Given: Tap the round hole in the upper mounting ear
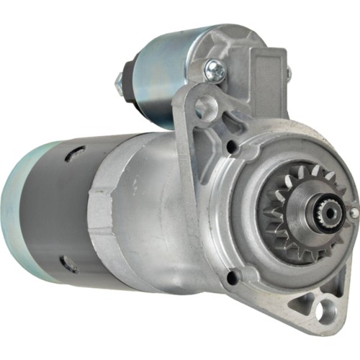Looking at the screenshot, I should (x=207, y=107).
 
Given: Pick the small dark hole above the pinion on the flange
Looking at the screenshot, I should (x=233, y=148).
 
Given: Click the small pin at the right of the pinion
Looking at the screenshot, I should (x=353, y=213).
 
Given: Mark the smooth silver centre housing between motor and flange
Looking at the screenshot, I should (x=155, y=216).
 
